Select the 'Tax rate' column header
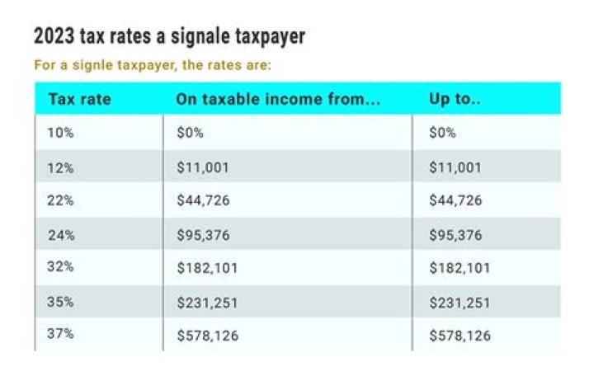click(x=79, y=99)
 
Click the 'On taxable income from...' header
click(x=278, y=99)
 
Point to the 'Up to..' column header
click(x=455, y=99)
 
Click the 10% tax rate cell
click(x=61, y=134)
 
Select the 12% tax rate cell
click(x=61, y=167)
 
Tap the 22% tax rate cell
click(x=61, y=201)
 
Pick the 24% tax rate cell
click(x=61, y=235)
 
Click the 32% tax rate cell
click(x=61, y=269)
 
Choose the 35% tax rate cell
click(x=61, y=303)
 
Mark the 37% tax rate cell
click(x=61, y=336)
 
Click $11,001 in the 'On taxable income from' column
click(x=202, y=167)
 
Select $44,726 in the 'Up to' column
click(x=455, y=201)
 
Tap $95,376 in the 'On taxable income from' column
click(x=202, y=235)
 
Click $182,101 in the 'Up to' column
click(x=460, y=269)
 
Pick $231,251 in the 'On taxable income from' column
click(x=207, y=303)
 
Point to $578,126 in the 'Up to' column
click(x=460, y=336)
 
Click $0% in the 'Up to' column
click(x=443, y=134)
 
